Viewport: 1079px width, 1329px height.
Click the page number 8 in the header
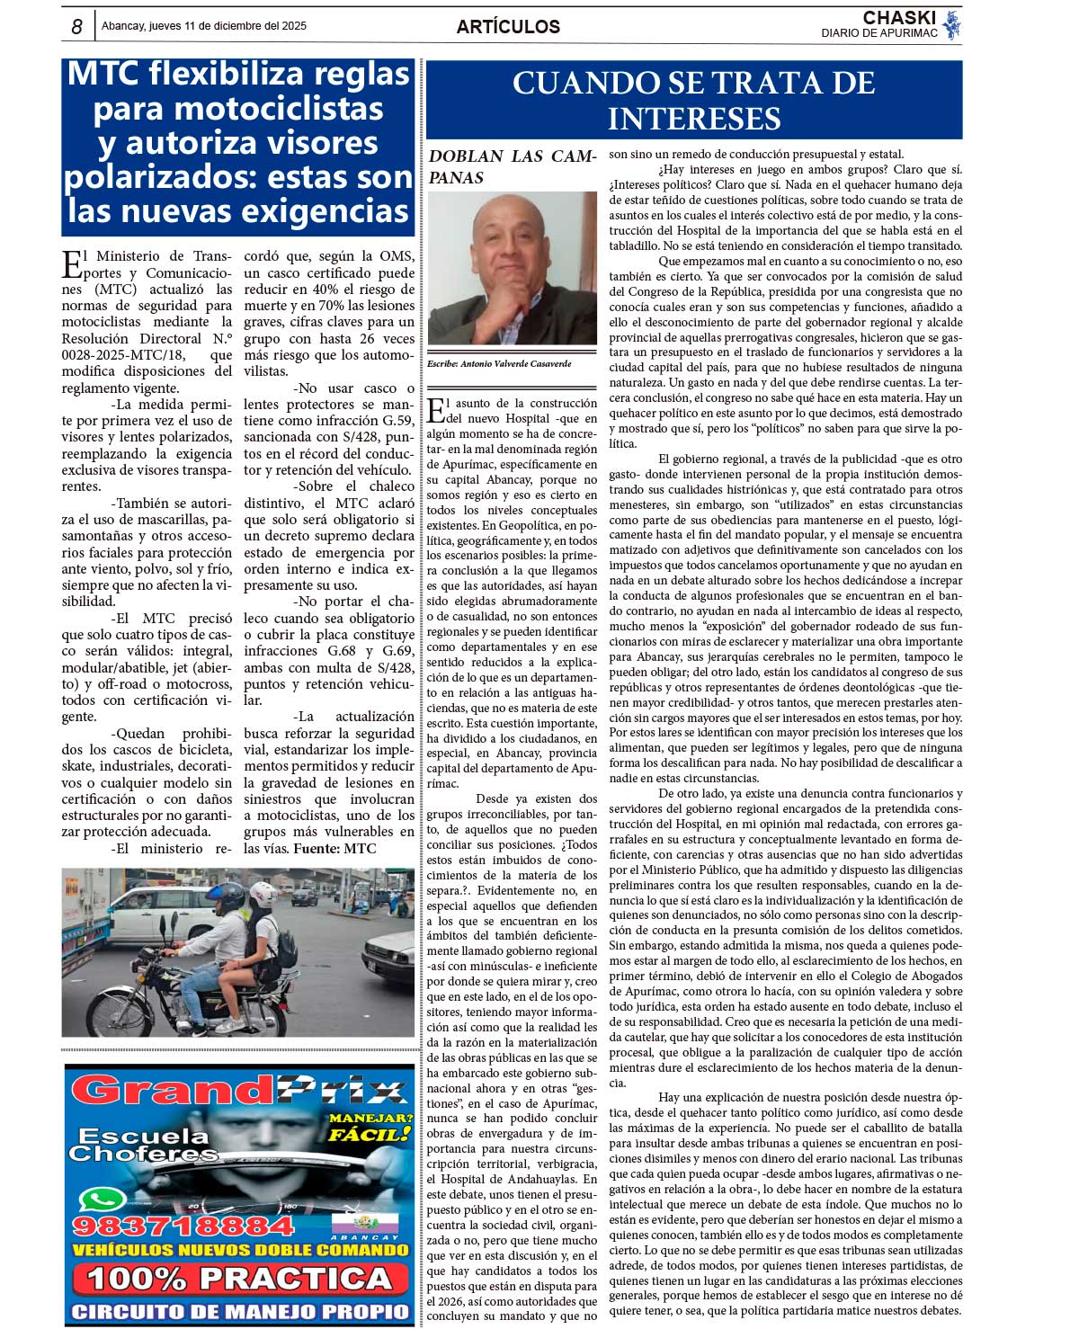(77, 27)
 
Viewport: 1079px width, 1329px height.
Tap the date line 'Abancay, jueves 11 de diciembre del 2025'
(204, 26)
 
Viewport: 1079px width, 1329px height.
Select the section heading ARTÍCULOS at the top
(508, 27)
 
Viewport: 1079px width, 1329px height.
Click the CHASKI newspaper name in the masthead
(898, 18)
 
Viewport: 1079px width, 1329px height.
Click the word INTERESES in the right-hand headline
(694, 119)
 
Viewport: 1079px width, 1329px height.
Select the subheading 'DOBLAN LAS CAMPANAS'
(512, 166)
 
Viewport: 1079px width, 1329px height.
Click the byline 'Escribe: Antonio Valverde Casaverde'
(499, 364)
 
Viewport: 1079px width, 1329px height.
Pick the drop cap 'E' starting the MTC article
(71, 264)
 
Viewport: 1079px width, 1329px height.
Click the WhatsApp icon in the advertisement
(103, 1200)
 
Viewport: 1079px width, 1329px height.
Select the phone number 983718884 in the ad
(183, 1226)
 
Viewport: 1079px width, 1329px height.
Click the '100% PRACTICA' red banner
(239, 1278)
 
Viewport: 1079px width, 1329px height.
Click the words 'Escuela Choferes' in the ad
(143, 1145)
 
